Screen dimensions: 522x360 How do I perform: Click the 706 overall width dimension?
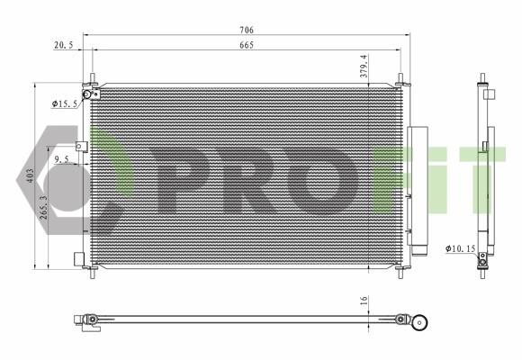pos(247,30)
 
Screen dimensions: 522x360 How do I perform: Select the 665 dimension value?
pos(247,45)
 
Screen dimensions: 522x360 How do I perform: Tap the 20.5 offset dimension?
pos(63,45)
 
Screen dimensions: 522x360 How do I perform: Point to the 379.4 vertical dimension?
pos(364,67)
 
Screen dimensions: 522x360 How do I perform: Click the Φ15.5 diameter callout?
pos(65,103)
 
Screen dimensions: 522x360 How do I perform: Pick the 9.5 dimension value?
pos(61,159)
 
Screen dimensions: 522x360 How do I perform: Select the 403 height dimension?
pos(30,175)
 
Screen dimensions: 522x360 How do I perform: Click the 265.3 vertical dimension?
pos(43,207)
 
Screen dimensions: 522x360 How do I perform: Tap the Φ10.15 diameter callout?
pos(461,248)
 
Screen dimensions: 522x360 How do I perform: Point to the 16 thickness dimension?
pos(364,301)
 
